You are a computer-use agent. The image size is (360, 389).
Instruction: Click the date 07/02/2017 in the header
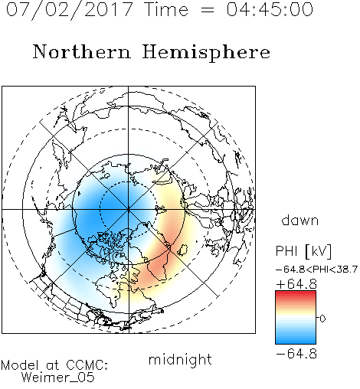pos(69,10)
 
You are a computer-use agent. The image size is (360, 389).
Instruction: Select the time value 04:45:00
pos(270,9)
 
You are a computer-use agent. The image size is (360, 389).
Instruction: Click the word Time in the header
pos(166,9)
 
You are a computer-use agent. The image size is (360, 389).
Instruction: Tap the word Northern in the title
pos(81,52)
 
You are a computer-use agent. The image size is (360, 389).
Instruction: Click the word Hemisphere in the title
pos(206,53)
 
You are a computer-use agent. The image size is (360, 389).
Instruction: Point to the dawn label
pos(300,220)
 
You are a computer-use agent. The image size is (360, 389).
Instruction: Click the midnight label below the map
pos(180,359)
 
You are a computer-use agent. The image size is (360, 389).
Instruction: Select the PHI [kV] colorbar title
pos(303,251)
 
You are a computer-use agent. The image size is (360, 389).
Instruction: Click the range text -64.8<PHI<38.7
pos(316,270)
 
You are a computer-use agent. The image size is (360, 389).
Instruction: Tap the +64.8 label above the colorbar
pos(296,284)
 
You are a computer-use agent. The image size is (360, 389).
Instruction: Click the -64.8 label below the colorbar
pos(296,354)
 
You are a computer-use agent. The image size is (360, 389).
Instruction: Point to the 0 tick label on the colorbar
pos(322,319)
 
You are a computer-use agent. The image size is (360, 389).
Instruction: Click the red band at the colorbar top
pos(296,294)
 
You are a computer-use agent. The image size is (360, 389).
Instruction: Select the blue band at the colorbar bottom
pos(296,339)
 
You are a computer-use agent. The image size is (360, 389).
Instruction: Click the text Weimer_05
pos(58,377)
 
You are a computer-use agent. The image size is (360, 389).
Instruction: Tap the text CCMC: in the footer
pos(87,365)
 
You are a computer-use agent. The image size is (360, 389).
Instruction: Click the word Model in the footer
pos(21,365)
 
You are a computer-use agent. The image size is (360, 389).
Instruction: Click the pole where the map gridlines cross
pos(129,209)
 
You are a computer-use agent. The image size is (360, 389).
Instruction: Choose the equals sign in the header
pos(208,10)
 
